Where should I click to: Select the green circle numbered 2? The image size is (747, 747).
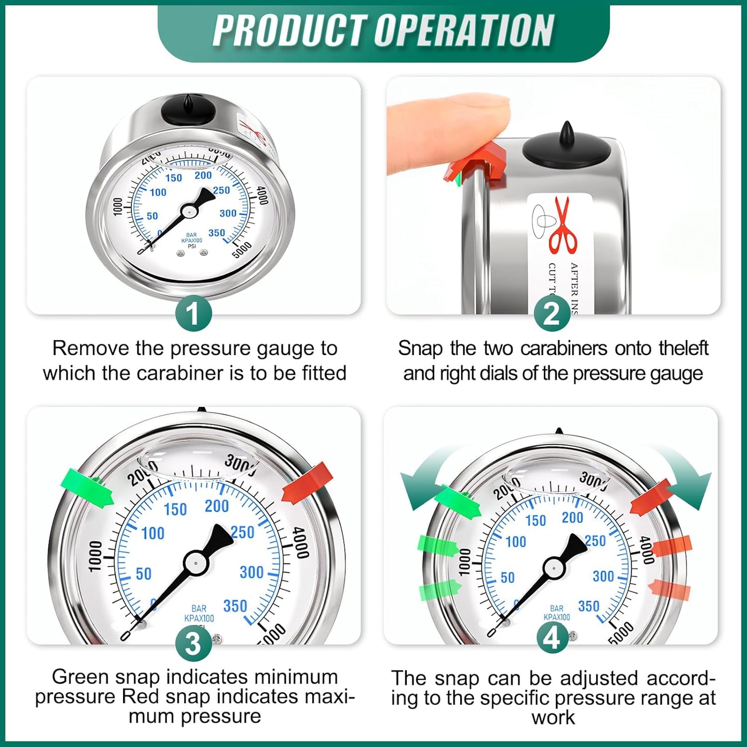coord(552,313)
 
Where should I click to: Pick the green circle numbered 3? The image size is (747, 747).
coord(193,644)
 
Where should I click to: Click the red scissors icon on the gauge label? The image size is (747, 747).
coord(563,225)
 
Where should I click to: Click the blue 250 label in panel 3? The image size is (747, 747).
coord(243,532)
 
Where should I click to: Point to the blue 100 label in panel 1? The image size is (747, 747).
coord(158,192)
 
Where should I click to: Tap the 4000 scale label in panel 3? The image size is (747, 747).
coord(301,543)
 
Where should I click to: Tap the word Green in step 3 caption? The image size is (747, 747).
coord(81,676)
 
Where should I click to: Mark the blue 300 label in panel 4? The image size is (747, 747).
coord(603,576)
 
